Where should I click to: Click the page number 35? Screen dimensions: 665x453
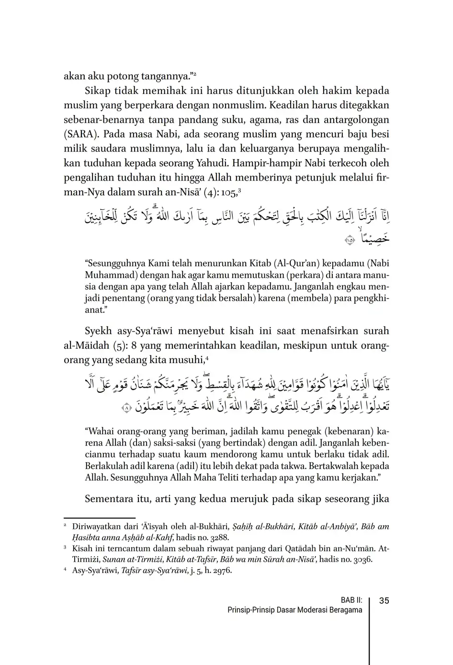coord(384,601)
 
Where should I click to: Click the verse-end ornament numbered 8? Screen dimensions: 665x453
coord(126,408)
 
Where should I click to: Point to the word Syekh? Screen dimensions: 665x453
coord(98,331)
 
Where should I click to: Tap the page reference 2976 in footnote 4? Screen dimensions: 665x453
coord(222,571)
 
